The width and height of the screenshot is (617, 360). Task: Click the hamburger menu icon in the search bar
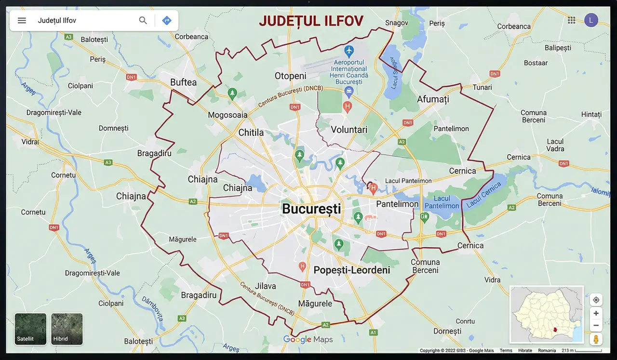pyautogui.click(x=22, y=20)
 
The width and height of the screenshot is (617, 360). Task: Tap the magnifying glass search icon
pyautogui.click(x=143, y=20)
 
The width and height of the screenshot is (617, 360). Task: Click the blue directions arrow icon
pyautogui.click(x=167, y=20)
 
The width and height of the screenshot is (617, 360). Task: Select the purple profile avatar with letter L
pyautogui.click(x=591, y=20)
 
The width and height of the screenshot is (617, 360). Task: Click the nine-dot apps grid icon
pyautogui.click(x=572, y=20)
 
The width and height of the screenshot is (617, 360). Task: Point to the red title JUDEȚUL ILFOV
pyautogui.click(x=311, y=21)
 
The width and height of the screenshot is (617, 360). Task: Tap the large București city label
pyautogui.click(x=311, y=209)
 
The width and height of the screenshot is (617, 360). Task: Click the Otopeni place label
pyautogui.click(x=290, y=76)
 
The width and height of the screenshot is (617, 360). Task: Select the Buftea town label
pyautogui.click(x=183, y=82)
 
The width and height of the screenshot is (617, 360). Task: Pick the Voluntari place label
pyautogui.click(x=349, y=129)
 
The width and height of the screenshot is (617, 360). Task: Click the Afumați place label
pyautogui.click(x=432, y=99)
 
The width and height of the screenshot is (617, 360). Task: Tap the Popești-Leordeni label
pyautogui.click(x=351, y=270)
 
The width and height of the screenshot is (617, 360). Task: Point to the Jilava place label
pyautogui.click(x=265, y=286)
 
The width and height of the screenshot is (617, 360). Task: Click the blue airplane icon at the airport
pyautogui.click(x=349, y=50)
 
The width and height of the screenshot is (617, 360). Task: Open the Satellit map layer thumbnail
pyautogui.click(x=30, y=329)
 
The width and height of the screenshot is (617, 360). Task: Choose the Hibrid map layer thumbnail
pyautogui.click(x=67, y=329)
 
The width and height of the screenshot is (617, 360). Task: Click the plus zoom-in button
pyautogui.click(x=596, y=313)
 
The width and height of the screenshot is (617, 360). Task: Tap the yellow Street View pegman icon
pyautogui.click(x=596, y=339)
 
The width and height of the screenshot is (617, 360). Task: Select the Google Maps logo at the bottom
pyautogui.click(x=308, y=339)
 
